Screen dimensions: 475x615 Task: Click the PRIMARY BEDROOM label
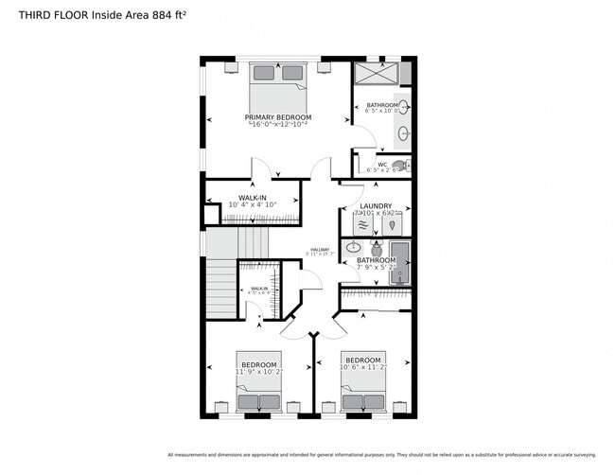coord(277,117)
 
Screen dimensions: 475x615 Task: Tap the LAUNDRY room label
coord(376,205)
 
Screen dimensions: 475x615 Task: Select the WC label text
coord(382,165)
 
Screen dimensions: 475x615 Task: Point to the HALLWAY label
coord(319,250)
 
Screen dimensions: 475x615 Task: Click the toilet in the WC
coord(400,165)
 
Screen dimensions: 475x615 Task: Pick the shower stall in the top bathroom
coord(377,74)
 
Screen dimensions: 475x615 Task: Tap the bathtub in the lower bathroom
coord(401,262)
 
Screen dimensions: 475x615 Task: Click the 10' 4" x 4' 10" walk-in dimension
coord(252,204)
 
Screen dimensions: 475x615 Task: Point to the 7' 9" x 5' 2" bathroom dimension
coord(376,267)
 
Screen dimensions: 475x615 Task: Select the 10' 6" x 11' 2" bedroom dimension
coord(362,369)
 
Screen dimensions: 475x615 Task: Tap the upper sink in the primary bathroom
coord(403,106)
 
